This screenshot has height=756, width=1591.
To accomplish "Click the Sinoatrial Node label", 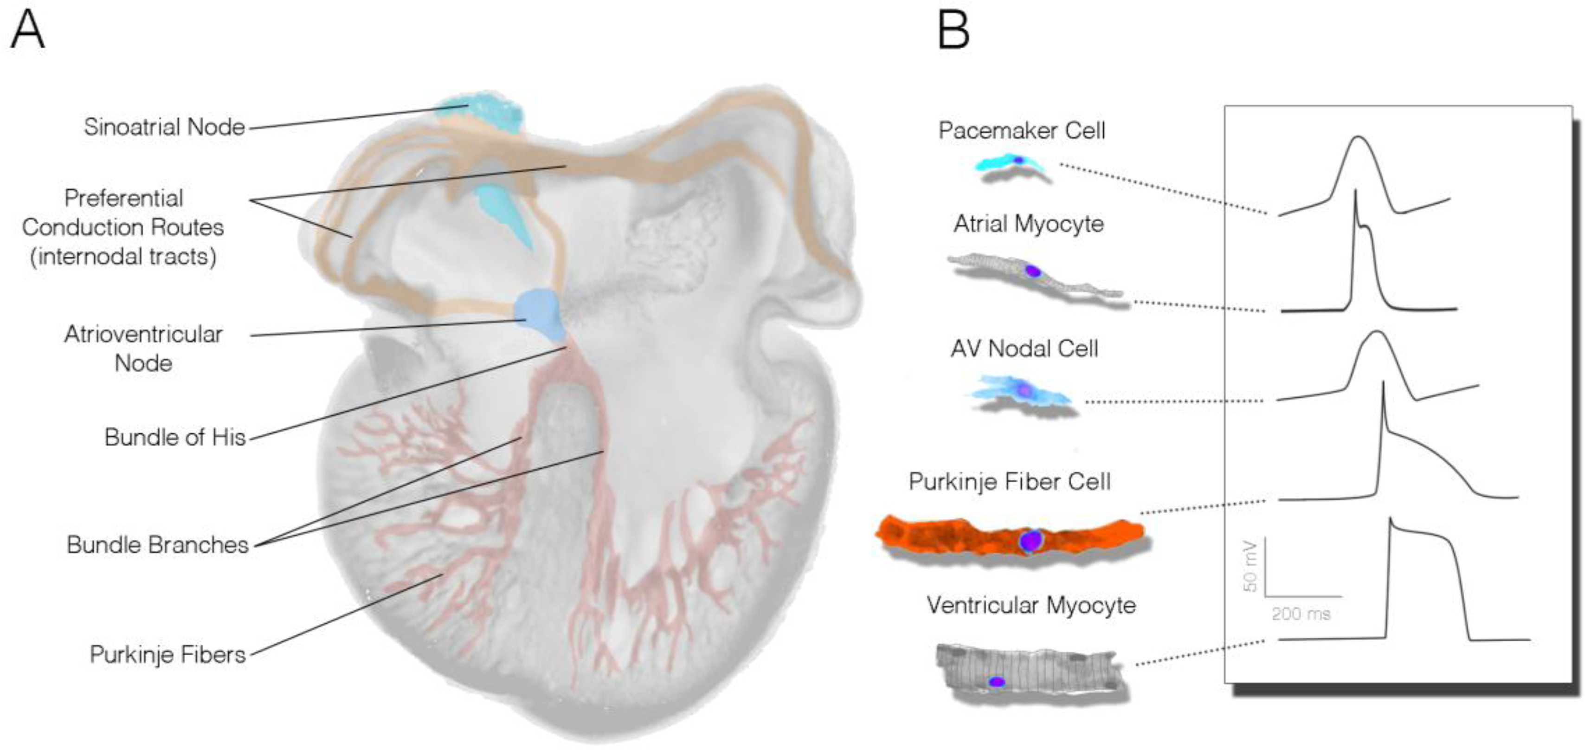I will coord(164,127).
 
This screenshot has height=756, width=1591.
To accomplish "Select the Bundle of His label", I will coord(175,437).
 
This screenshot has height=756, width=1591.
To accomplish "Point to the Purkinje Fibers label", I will coord(168,654).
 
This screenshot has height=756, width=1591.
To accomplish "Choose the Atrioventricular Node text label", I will coord(143,349).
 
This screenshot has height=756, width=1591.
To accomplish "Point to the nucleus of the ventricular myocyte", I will coord(997,682).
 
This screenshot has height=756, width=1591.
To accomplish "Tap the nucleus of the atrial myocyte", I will coord(1033,271).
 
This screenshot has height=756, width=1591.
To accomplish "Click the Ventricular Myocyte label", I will coord(1031,605).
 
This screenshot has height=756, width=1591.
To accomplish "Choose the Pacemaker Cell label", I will coord(1022,130).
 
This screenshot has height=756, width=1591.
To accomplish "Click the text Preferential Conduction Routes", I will coord(123,213).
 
